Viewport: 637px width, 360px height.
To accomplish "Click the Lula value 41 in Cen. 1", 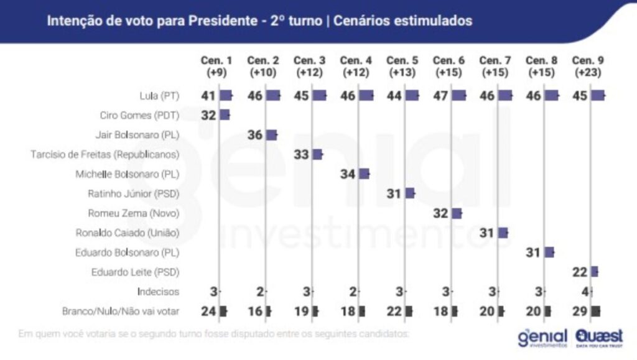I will pos(208,96).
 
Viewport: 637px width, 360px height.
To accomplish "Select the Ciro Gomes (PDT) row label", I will pos(139,115).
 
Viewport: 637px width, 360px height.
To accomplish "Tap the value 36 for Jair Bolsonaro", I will pos(255,135).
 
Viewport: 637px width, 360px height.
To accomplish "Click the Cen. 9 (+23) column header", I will pos(588,66).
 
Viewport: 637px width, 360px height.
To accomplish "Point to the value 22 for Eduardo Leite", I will pos(580,271).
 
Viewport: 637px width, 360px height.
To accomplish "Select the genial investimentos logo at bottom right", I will pos(542,337).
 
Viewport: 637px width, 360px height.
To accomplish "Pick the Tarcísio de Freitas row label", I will pos(105,154).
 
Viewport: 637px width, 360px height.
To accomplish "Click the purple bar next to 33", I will pos(317,154).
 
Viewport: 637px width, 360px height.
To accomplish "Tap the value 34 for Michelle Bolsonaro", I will pos(348,174).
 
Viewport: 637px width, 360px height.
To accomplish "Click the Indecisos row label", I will pos(159,291).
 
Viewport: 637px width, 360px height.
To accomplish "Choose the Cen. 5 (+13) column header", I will pos(402,66).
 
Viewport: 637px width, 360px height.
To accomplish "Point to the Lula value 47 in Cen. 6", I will pos(441,96).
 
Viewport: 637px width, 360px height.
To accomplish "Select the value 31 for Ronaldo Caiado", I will pos(487,233).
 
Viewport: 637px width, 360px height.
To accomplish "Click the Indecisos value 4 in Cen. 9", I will pos(584,291).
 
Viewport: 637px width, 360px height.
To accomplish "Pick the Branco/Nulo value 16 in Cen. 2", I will pos(255,311).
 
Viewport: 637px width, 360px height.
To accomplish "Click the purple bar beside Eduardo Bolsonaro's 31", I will pos(549,252).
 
